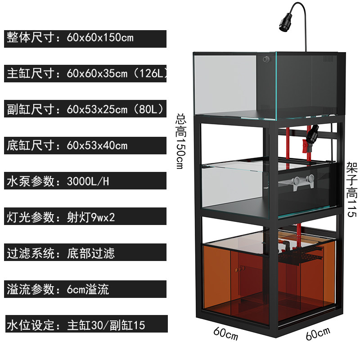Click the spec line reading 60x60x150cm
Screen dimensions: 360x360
pyautogui.click(x=100, y=38)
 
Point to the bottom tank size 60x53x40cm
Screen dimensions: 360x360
pyautogui.click(x=97, y=145)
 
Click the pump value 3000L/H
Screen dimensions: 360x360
pyautogui.click(x=88, y=181)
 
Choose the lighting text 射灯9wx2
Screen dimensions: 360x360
pyautogui.click(x=91, y=217)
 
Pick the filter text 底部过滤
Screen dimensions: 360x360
pyautogui.click(x=91, y=253)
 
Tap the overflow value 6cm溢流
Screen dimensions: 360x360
pyautogui.click(x=88, y=289)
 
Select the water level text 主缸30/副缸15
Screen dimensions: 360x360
pyautogui.click(x=106, y=325)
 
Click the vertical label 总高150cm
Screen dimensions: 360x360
pyautogui.click(x=181, y=141)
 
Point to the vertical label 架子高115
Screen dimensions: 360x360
pyautogui.click(x=352, y=189)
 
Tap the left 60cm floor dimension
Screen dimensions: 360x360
pyautogui.click(x=226, y=333)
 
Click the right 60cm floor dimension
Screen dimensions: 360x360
pyautogui.click(x=318, y=333)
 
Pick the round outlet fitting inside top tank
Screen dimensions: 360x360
pyautogui.click(x=266, y=59)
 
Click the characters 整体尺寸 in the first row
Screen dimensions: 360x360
pyautogui.click(x=31, y=38)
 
